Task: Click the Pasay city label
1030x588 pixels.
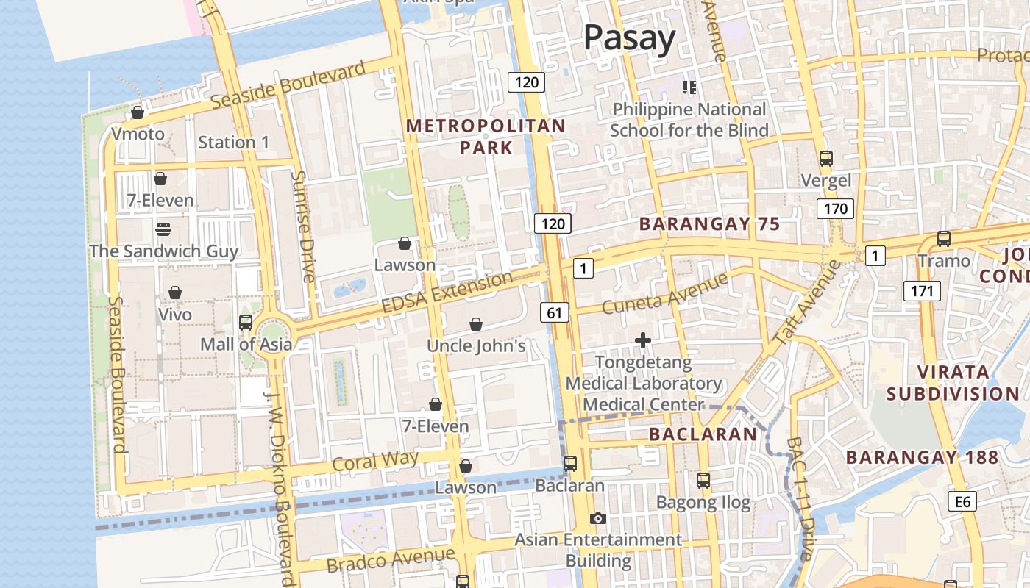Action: click(x=629, y=37)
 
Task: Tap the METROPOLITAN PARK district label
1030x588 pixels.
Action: click(x=486, y=137)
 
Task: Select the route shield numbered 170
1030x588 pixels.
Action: click(x=835, y=209)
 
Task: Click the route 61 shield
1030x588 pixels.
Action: click(x=554, y=313)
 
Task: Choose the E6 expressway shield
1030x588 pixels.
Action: click(x=962, y=502)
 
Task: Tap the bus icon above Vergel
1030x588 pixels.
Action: click(x=825, y=158)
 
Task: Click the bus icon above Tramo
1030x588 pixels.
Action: click(x=943, y=239)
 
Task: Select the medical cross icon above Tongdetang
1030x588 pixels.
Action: click(x=643, y=340)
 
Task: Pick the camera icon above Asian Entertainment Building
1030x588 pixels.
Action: click(x=598, y=519)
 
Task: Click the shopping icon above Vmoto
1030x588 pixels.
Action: click(x=138, y=112)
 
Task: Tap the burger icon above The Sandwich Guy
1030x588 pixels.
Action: click(x=163, y=229)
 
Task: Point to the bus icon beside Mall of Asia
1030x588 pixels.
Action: click(x=246, y=323)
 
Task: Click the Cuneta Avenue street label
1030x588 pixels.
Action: click(x=664, y=293)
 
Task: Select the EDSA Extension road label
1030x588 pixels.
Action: click(x=447, y=291)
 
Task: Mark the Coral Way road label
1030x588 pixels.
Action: click(x=375, y=462)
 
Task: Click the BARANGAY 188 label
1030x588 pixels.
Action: click(x=922, y=457)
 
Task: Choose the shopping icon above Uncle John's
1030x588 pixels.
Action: click(x=476, y=324)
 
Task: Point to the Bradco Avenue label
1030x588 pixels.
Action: click(x=390, y=560)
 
